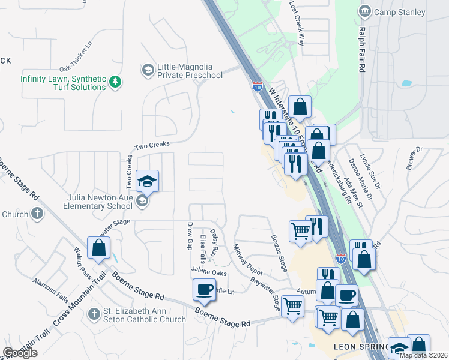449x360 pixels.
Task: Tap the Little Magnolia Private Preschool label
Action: tap(190, 71)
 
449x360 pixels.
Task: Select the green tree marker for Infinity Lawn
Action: tap(115, 83)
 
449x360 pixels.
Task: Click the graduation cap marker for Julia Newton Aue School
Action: tap(146, 181)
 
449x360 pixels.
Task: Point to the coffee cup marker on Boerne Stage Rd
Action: tap(203, 290)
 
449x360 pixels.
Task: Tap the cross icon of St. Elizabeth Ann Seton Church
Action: tap(93, 314)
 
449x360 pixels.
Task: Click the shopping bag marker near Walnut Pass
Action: tap(98, 248)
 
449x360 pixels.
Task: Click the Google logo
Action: tap(20, 353)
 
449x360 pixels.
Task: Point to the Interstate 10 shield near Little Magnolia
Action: tap(257, 88)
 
